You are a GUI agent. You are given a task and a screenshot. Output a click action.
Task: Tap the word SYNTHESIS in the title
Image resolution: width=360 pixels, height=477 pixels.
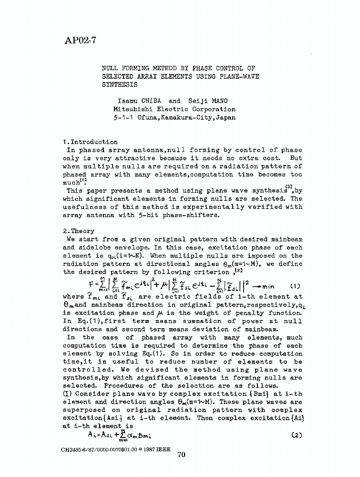click(119, 84)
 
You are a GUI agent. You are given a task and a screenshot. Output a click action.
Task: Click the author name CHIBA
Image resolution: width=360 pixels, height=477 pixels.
click(153, 101)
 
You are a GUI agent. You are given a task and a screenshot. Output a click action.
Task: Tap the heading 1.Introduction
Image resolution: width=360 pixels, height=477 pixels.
click(90, 142)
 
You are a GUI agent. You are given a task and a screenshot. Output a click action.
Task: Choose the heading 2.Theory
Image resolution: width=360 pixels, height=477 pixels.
click(79, 231)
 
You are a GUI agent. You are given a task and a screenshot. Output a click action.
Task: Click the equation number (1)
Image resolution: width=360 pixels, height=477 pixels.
click(295, 286)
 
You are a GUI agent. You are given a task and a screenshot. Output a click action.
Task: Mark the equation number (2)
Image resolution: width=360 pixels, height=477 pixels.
click(296, 435)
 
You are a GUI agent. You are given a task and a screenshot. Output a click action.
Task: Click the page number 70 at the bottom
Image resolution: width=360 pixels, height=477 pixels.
click(181, 455)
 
